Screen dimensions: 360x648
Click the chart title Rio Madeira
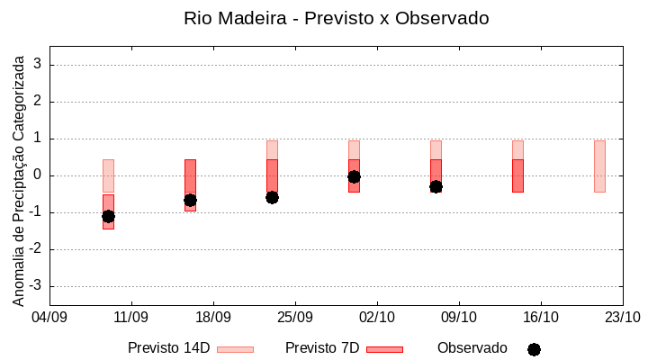[337, 18]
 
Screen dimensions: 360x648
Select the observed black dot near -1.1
[108, 216]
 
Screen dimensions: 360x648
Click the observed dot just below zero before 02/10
[354, 177]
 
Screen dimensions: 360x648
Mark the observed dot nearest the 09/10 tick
[436, 186]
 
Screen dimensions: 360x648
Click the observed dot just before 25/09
[272, 197]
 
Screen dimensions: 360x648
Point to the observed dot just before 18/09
[190, 200]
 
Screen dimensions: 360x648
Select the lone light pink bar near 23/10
[599, 166]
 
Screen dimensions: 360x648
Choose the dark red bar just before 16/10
[517, 175]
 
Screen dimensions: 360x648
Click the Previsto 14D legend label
[168, 348]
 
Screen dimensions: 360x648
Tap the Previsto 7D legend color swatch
[384, 349]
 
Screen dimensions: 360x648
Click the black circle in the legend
[534, 349]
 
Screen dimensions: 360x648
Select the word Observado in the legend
[472, 348]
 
